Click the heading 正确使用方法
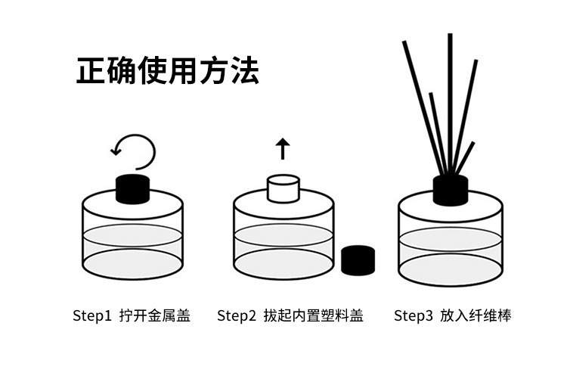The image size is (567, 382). (x=167, y=70)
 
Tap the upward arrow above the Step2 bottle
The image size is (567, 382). (x=283, y=148)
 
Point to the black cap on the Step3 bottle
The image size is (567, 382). (x=450, y=191)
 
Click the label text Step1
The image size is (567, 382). (x=91, y=315)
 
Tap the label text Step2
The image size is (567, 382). (x=237, y=315)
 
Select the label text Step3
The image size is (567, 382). (x=414, y=315)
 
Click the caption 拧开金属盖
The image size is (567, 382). (x=154, y=315)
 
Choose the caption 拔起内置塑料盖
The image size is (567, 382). (x=313, y=315)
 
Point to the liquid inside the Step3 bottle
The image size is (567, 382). (x=450, y=253)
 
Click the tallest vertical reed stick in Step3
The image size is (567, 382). (x=450, y=91)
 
